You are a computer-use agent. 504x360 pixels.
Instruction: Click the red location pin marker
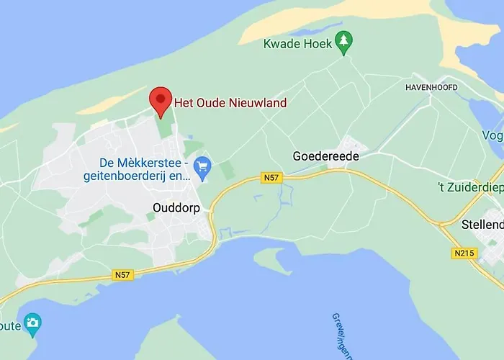160,101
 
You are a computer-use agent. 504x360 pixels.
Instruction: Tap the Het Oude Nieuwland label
230,103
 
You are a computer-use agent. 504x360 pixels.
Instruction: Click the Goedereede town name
325,156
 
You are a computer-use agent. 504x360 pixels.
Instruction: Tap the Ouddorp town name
176,207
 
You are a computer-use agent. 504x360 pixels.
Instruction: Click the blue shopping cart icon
202,167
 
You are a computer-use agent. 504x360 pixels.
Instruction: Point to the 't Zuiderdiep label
471,187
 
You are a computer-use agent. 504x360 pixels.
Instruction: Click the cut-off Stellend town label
482,225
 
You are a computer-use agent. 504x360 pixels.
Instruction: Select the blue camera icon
32,325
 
